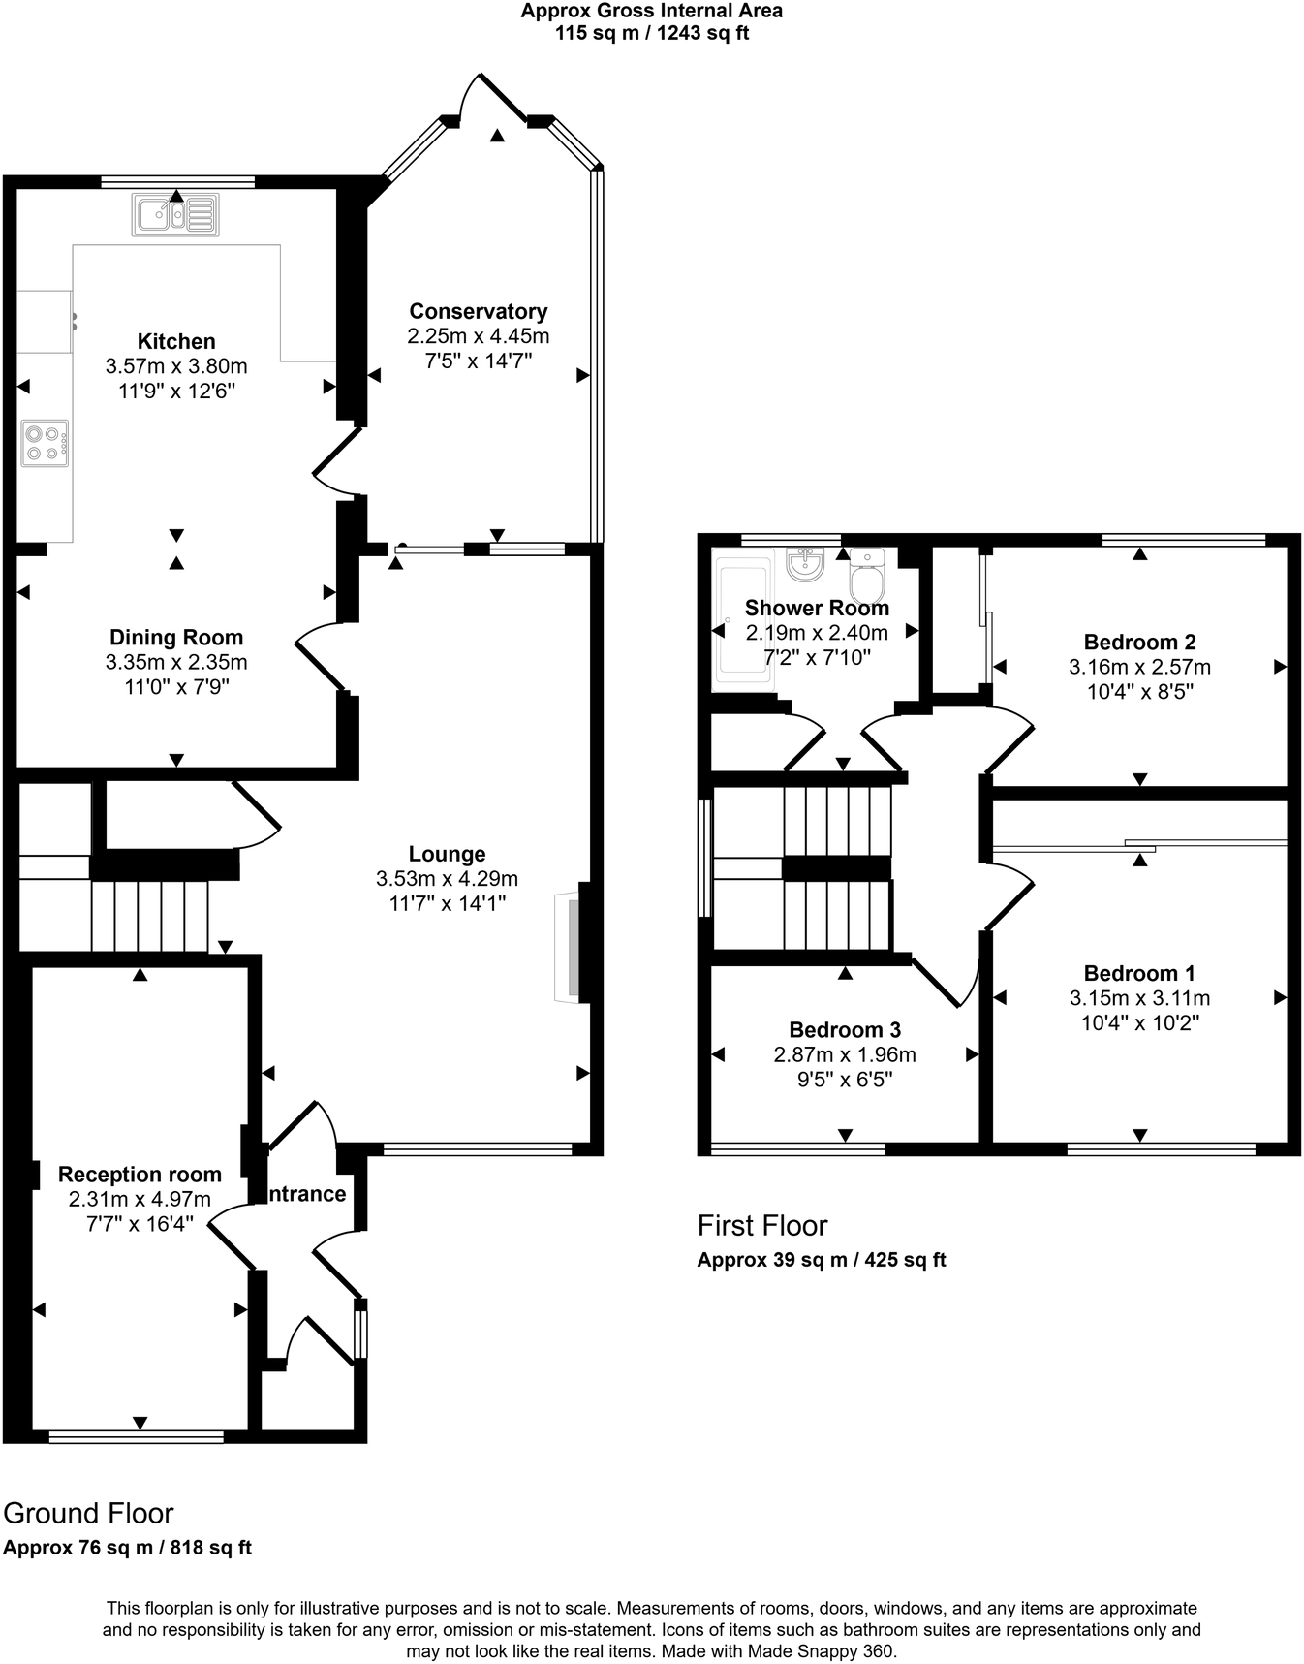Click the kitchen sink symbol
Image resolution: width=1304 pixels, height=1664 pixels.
click(175, 214)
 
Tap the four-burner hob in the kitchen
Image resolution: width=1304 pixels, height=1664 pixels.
click(46, 444)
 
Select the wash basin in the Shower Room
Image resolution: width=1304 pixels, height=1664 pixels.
click(805, 564)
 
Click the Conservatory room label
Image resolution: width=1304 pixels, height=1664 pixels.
click(478, 311)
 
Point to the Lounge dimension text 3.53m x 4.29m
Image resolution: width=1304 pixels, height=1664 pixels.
click(447, 879)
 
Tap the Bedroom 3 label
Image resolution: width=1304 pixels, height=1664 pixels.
click(845, 1029)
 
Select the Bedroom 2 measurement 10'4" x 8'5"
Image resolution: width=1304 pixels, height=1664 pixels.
click(1139, 692)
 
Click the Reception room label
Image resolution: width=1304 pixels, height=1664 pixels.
click(140, 1174)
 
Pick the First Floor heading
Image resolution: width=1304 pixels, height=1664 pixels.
click(762, 1225)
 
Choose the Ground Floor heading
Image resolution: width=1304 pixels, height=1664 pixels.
click(88, 1513)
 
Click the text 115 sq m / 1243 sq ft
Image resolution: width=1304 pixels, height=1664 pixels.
click(651, 33)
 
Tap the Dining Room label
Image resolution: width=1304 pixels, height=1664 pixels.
click(176, 637)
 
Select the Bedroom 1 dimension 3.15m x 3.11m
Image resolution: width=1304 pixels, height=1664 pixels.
click(1139, 998)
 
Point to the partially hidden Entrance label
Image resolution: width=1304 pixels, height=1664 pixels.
click(306, 1194)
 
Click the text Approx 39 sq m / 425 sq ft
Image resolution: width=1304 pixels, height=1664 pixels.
click(821, 1260)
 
